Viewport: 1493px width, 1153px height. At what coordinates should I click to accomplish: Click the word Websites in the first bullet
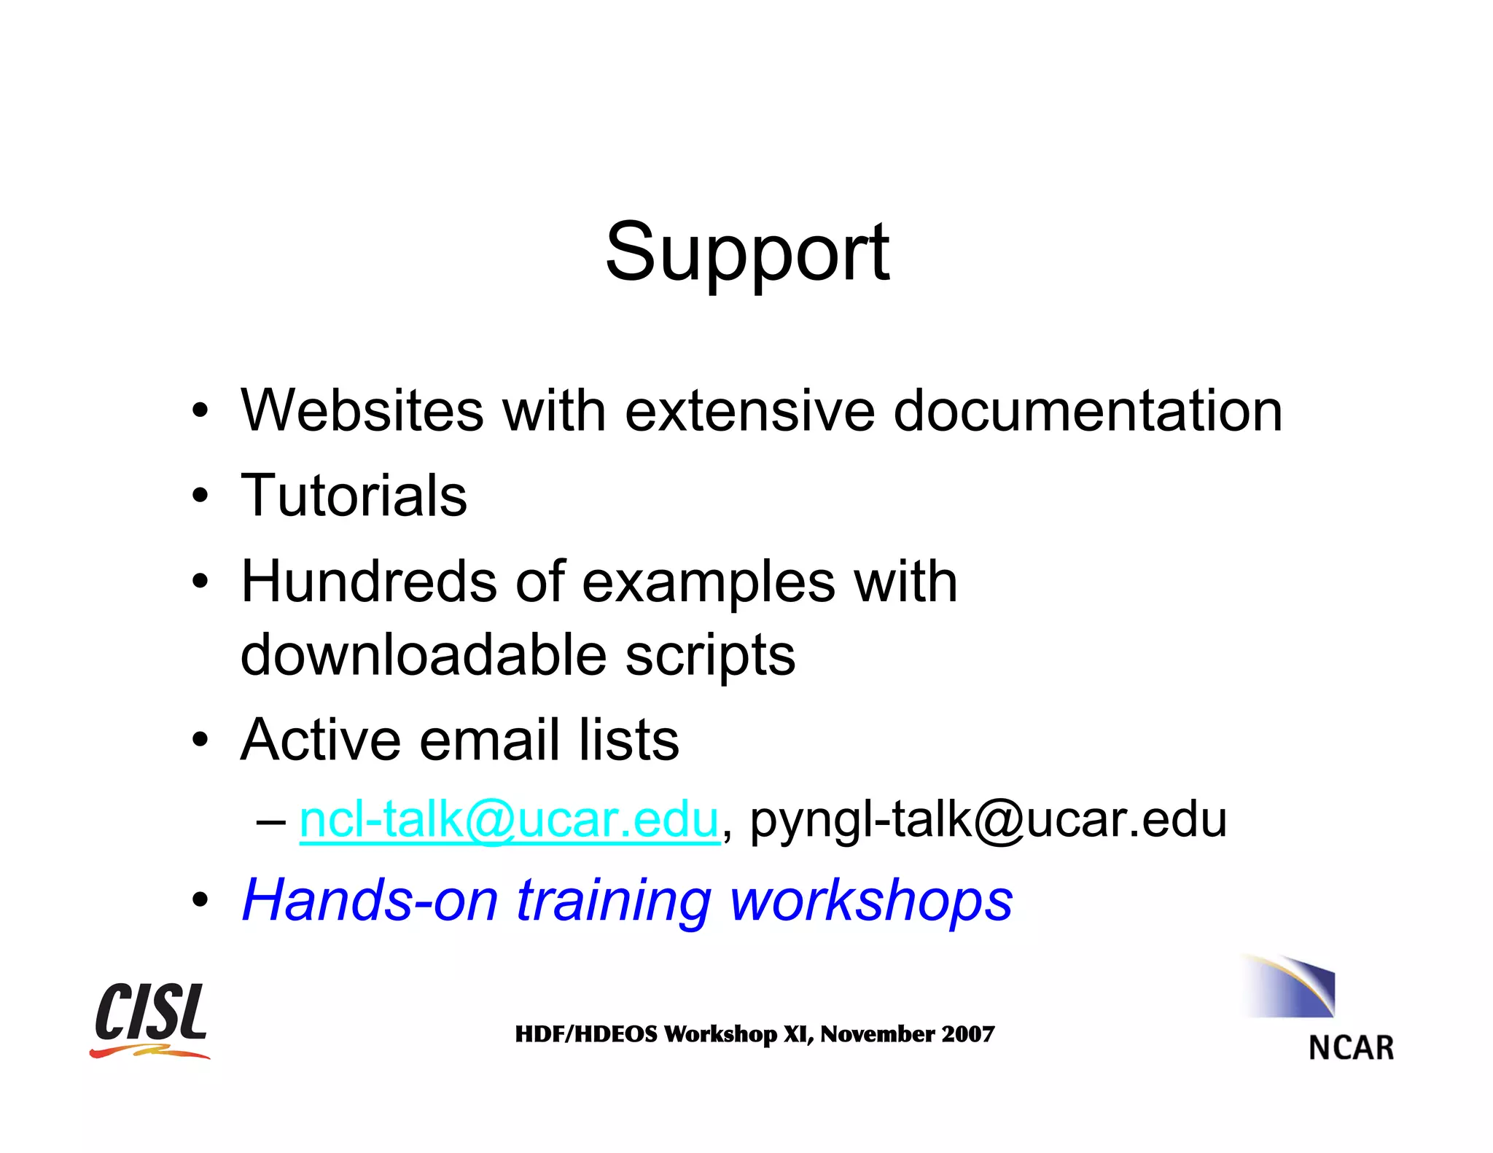tap(362, 411)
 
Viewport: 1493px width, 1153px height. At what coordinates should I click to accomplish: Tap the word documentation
tap(1088, 411)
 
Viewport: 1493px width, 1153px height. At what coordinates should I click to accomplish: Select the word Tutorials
tap(354, 496)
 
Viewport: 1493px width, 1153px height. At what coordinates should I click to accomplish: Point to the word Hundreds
tap(369, 582)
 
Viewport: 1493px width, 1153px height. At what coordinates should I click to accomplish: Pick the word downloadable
tap(423, 654)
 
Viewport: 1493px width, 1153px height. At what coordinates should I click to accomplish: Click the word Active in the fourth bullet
tap(321, 740)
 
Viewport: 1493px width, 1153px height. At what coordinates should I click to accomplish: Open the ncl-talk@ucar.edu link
tap(509, 820)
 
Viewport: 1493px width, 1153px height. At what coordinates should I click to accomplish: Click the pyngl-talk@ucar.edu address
tap(988, 820)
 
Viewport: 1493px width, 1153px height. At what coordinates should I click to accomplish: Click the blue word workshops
tap(871, 900)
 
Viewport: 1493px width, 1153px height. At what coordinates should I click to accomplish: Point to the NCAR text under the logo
tap(1351, 1048)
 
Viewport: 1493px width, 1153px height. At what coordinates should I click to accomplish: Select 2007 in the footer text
tap(967, 1034)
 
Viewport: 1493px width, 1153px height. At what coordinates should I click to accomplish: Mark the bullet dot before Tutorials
tap(200, 496)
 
